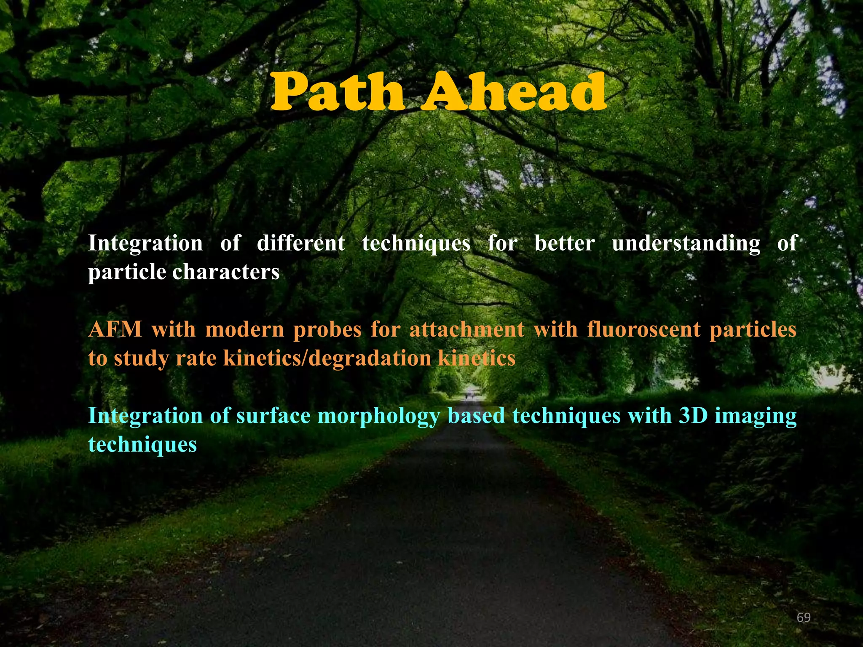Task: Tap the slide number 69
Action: click(804, 618)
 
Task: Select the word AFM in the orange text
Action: click(115, 329)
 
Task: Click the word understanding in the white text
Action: click(686, 243)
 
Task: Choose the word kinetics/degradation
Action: click(327, 358)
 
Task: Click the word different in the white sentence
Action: click(300, 243)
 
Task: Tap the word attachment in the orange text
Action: click(467, 329)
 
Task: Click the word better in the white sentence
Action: click(564, 243)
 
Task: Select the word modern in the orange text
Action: click(244, 329)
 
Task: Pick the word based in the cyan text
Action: click(476, 416)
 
